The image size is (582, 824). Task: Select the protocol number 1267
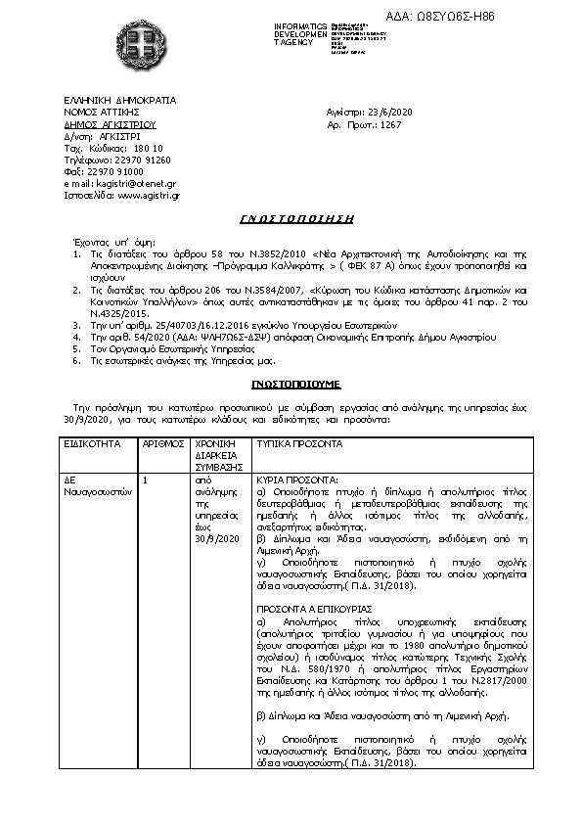coord(391,125)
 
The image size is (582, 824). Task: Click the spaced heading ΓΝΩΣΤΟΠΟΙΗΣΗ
coord(296,219)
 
